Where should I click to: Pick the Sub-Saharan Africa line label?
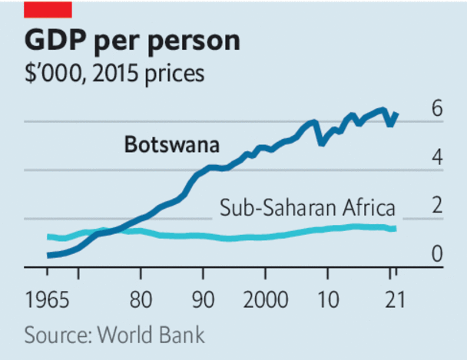(307, 207)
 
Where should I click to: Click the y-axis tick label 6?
(437, 109)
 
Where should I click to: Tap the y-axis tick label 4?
(437, 158)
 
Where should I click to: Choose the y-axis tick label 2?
(437, 206)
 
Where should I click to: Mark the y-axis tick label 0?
(437, 254)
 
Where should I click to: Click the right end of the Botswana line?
(396, 114)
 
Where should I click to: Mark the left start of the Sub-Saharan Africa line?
(48, 236)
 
